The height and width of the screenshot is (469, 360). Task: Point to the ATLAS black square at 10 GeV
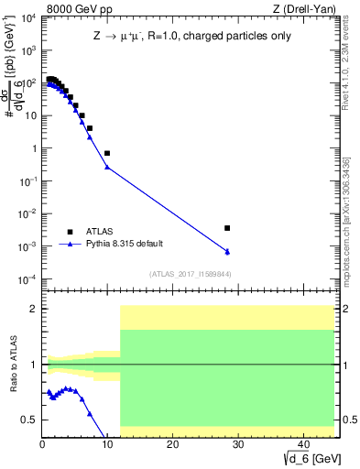[107, 153]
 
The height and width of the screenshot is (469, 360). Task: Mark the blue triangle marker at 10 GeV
[107, 167]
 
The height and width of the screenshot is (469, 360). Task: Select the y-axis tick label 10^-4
[25, 279]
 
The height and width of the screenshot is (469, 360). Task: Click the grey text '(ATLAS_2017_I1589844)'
[191, 274]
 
